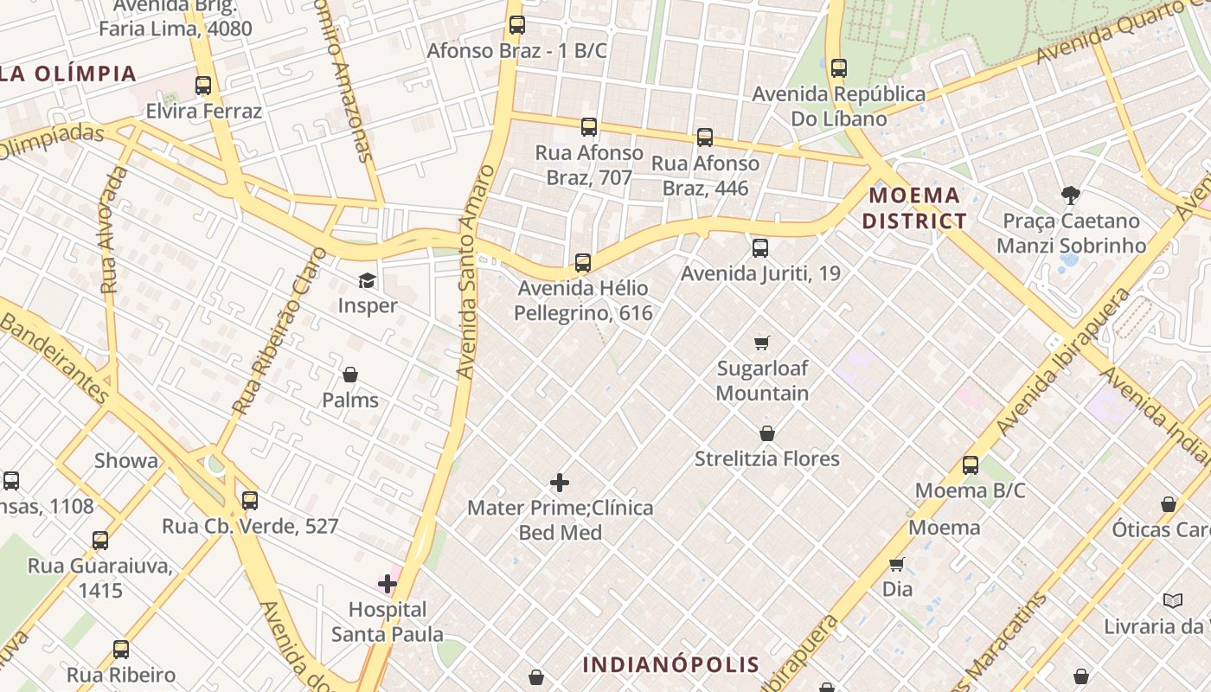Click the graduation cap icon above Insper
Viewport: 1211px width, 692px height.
368,280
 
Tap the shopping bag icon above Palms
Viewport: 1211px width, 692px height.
350,375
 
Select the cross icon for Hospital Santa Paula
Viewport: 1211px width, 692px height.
388,585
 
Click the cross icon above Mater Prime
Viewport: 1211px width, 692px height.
560,483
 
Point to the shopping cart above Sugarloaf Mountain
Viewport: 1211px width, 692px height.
762,343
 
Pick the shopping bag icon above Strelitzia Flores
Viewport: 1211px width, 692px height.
767,433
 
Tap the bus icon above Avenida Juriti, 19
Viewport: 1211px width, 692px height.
760,248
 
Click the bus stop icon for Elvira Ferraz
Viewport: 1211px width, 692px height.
203,86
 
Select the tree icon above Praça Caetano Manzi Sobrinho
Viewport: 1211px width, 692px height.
1071,195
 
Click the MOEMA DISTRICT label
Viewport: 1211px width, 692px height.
914,208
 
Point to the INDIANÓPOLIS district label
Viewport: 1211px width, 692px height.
671,664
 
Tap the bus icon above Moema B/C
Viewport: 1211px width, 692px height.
971,465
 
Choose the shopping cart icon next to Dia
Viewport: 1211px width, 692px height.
897,564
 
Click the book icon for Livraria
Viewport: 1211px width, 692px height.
1173,600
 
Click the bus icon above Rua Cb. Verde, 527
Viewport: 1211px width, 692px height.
250,500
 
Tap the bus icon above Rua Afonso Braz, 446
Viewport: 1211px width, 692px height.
705,138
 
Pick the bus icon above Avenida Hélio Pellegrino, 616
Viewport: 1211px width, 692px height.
583,263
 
